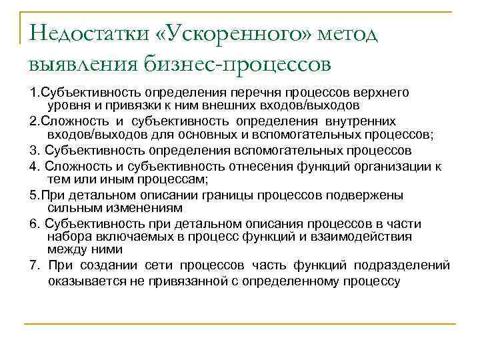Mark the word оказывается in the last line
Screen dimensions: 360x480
click(81, 281)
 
